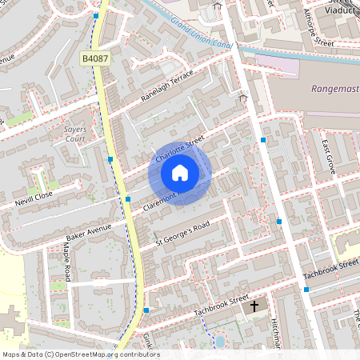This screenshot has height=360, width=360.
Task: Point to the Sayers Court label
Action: pyautogui.click(x=74, y=134)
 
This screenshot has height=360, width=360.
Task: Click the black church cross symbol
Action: pyautogui.click(x=255, y=306)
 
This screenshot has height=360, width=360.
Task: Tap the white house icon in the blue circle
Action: pyautogui.click(x=180, y=172)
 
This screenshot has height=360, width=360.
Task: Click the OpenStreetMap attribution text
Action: pyautogui.click(x=81, y=354)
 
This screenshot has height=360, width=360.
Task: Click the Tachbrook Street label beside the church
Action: pyautogui.click(x=206, y=307)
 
